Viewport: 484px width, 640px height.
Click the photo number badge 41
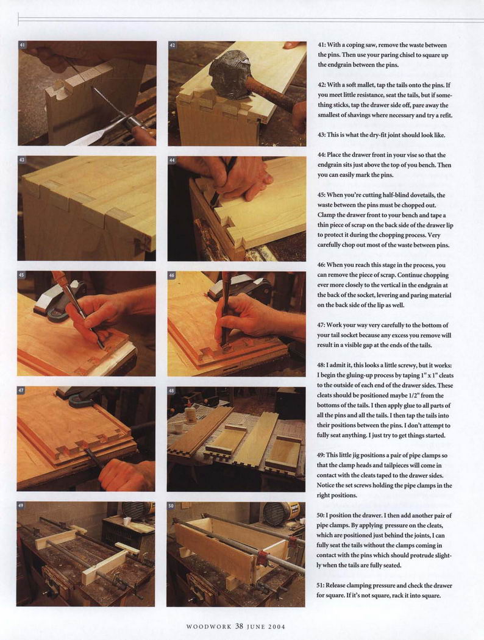(23, 45)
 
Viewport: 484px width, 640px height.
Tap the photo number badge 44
(173, 160)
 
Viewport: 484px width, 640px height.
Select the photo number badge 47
(21, 391)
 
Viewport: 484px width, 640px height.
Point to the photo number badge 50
(171, 506)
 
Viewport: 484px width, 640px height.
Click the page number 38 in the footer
(240, 626)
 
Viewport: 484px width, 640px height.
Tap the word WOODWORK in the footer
(209, 627)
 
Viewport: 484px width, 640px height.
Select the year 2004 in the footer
(277, 627)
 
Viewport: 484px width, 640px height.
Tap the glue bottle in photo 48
(189, 416)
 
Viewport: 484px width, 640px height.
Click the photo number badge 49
(21, 506)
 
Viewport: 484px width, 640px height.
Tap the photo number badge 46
(172, 276)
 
